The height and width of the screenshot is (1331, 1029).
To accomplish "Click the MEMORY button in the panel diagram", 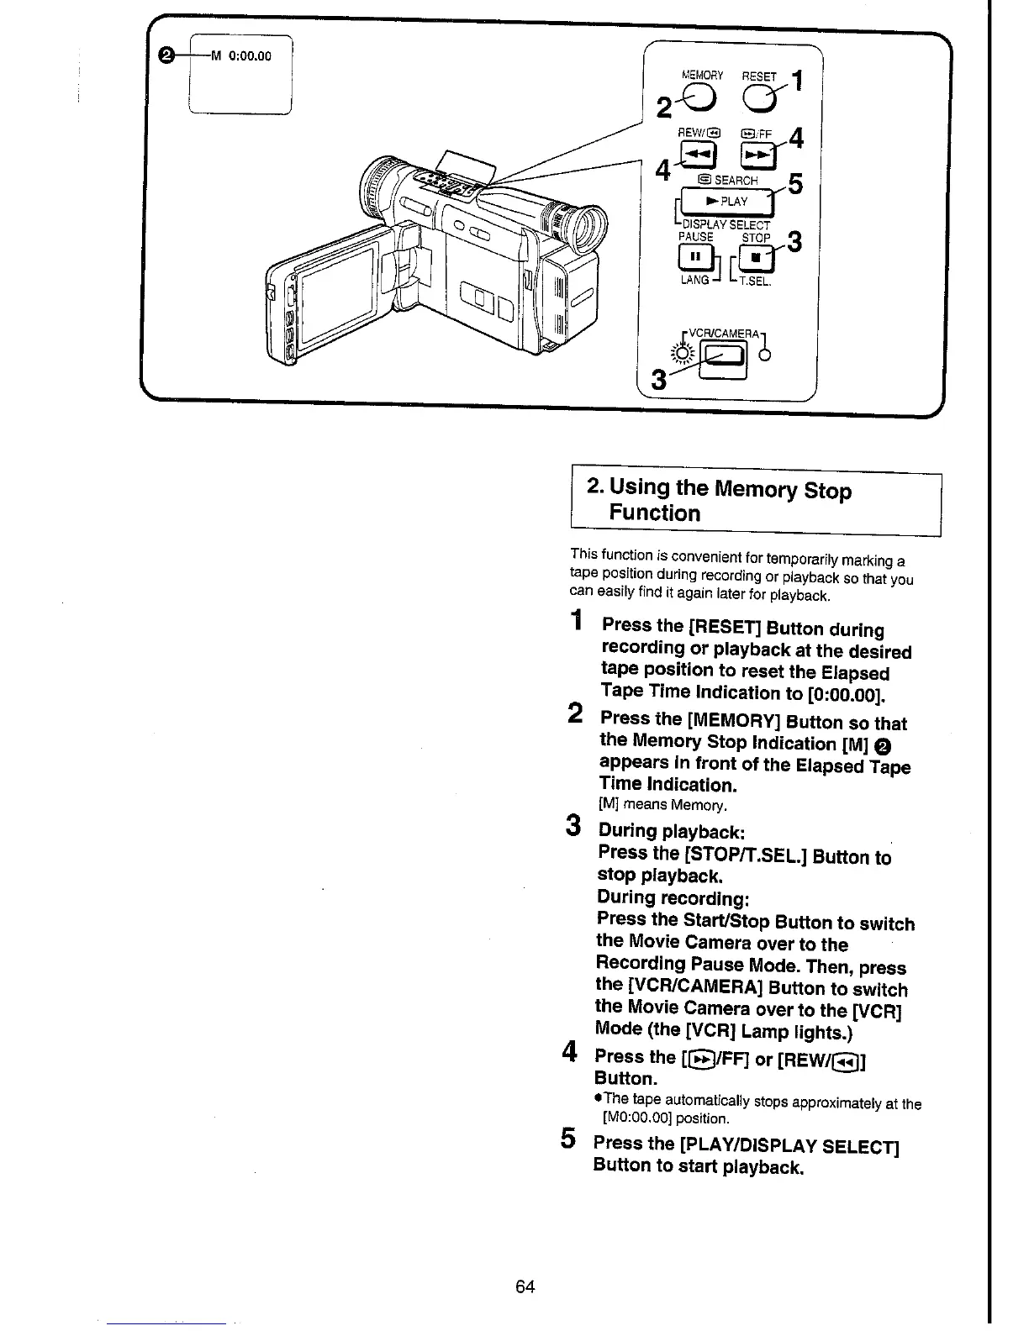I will tap(700, 98).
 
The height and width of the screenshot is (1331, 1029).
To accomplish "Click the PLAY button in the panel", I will tap(726, 201).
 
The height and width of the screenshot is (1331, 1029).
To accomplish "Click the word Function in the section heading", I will tap(654, 513).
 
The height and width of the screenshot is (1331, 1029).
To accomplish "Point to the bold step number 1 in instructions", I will tap(576, 621).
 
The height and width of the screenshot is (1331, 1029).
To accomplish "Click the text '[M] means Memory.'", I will tap(662, 805).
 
